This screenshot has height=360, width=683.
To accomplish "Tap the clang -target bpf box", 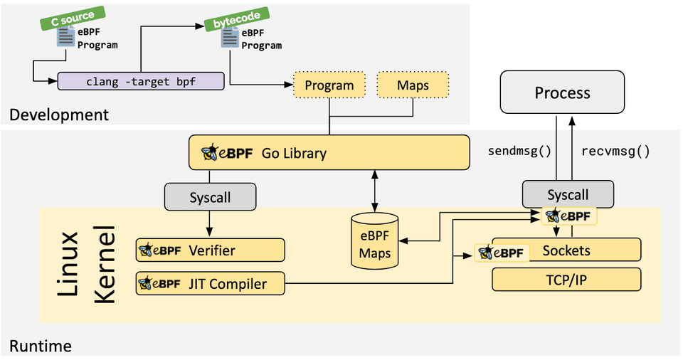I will pyautogui.click(x=140, y=81).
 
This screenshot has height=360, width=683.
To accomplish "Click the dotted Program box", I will pyautogui.click(x=329, y=86).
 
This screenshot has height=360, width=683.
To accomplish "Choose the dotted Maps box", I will pyautogui.click(x=413, y=86).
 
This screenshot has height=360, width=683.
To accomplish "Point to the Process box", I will pyautogui.click(x=562, y=93).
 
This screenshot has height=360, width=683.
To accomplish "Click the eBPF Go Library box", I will pyautogui.click(x=329, y=152).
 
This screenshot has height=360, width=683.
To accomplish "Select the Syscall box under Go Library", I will pyautogui.click(x=210, y=197).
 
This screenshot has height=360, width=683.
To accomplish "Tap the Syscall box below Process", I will pyautogui.click(x=568, y=195).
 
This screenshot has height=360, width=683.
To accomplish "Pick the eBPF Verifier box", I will pyautogui.click(x=210, y=250).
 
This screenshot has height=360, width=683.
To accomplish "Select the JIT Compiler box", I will pyautogui.click(x=210, y=283).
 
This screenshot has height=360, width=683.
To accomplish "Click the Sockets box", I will pyautogui.click(x=566, y=250).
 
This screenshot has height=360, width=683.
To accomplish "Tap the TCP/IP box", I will pyautogui.click(x=566, y=280).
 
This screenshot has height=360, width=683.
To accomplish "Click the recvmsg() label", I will pyautogui.click(x=615, y=151).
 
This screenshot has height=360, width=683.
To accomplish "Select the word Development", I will pyautogui.click(x=59, y=115).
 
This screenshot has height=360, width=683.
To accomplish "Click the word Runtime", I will pyautogui.click(x=40, y=346).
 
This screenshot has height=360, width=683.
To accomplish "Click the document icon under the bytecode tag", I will pyautogui.click(x=229, y=38).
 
